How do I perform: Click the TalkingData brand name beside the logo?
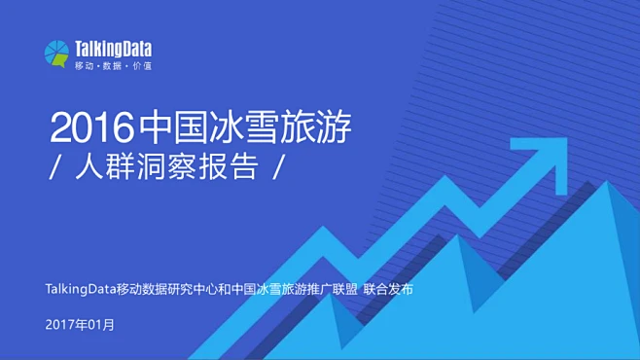tap(113, 48)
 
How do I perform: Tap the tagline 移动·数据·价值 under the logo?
tap(113, 65)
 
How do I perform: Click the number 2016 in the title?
tap(91, 127)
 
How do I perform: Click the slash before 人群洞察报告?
tap(54, 167)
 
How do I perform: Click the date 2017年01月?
tap(80, 324)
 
